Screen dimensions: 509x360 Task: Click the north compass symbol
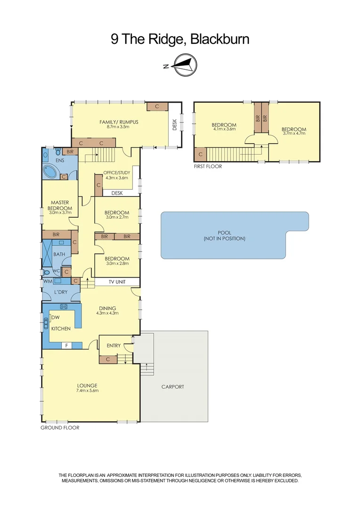click(183, 65)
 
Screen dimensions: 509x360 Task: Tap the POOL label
click(224, 233)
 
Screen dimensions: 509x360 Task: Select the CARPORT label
click(172, 386)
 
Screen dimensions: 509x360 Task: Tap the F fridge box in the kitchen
click(67, 345)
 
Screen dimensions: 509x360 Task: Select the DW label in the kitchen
click(55, 317)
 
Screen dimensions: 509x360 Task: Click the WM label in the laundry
click(47, 281)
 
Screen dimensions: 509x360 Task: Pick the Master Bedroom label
click(60, 205)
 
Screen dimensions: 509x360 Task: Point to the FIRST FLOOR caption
click(207, 166)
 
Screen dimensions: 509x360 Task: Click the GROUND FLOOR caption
click(60, 428)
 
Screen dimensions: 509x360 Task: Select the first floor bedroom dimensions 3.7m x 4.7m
click(294, 133)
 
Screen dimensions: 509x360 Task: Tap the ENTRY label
click(114, 345)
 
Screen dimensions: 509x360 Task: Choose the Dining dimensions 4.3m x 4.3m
click(107, 313)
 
